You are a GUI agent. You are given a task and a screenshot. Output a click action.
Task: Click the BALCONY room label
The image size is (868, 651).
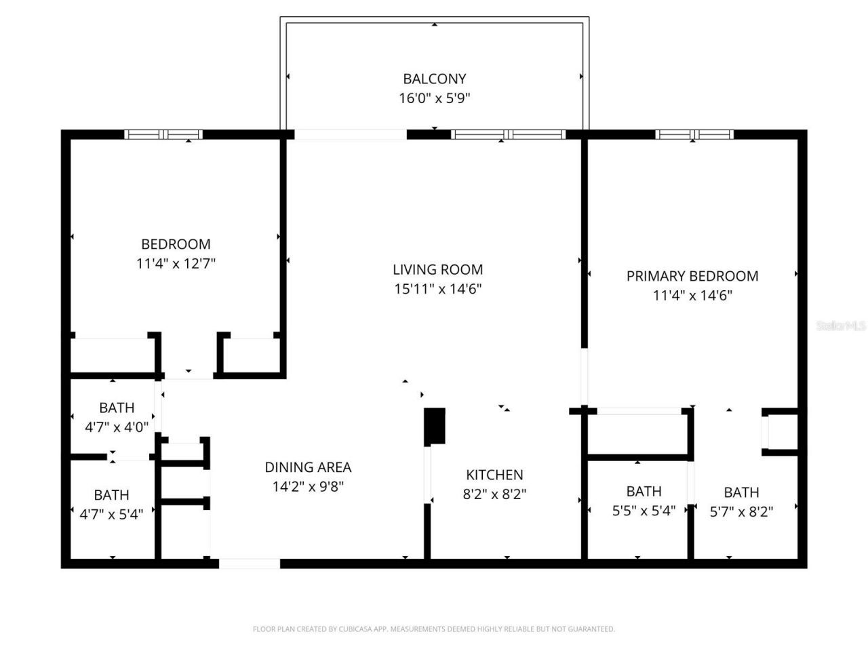pos(434,79)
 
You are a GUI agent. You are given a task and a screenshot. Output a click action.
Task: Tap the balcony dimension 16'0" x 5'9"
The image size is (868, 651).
pos(434,98)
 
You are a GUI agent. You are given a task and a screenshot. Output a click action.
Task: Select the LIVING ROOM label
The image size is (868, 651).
pos(437,269)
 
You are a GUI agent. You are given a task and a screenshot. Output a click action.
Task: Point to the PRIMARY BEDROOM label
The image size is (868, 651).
pos(692,276)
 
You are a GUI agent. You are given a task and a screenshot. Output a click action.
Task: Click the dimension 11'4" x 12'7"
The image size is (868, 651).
pos(176,264)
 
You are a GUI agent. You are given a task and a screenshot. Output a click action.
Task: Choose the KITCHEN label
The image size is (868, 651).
pos(494,475)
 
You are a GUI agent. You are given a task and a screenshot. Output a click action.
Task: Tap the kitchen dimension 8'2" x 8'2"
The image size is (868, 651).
pos(494,494)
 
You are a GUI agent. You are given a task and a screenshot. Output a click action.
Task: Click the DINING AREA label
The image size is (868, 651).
pos(308,467)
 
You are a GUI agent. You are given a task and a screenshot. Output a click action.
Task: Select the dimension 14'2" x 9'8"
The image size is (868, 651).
pos(308,487)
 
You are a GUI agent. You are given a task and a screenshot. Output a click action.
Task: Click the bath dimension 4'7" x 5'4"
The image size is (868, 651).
pos(111,515)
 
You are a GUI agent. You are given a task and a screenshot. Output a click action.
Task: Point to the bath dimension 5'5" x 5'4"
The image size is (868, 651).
pos(644,511)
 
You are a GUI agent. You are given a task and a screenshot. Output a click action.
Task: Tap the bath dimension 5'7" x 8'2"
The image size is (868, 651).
pos(741,512)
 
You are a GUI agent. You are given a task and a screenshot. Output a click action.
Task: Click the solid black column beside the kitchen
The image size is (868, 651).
pos(435,426)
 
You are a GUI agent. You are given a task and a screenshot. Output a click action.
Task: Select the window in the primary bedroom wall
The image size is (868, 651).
pos(694,134)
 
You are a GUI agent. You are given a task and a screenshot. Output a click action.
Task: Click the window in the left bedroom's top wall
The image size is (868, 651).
pos(165,134)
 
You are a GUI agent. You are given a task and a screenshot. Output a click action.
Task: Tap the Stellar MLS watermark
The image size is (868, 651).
pos(841,326)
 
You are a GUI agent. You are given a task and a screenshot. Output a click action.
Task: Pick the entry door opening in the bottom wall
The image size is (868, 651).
pos(249,564)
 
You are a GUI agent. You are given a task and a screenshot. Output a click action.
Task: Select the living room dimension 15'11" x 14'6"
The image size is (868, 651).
pos(437,289)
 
